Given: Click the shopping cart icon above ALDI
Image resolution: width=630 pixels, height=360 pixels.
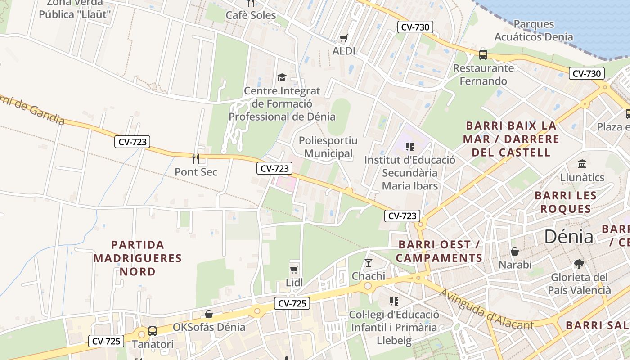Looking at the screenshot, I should pos(344,38).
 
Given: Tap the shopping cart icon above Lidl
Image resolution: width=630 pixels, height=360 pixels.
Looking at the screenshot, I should pos(294,270).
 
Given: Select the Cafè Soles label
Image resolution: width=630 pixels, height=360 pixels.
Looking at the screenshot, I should pos(251,15).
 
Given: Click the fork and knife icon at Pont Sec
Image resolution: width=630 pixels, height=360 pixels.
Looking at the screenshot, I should pos(196,158).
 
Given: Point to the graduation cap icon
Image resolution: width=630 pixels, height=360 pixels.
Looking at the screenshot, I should pos(282,77).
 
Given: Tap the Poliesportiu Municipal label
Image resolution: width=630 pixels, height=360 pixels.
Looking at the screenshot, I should pos(328,147).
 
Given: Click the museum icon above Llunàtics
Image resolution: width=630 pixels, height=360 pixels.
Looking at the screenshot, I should pos(582,164).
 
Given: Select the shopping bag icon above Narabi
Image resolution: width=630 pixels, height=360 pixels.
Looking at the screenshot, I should pos(515,252).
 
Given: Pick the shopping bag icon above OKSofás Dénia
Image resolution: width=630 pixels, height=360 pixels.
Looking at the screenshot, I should pos(209,314).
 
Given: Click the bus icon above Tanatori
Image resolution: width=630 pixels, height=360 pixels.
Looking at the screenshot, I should pos(153,331).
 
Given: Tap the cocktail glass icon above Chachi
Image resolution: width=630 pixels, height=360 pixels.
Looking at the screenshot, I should pos(369,262).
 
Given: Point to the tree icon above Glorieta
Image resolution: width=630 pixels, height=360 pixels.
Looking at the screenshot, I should pos(579,264).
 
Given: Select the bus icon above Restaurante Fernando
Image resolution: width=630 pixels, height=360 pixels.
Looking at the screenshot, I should pos(483,55).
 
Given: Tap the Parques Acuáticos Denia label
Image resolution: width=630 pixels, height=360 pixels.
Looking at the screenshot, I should pos(534,31).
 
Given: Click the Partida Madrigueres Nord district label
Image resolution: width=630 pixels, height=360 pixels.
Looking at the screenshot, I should pos(137,258).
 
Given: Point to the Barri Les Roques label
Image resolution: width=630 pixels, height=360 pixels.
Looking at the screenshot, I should pos(566,202).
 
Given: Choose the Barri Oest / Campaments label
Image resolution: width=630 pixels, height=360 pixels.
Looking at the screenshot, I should pos(439,252).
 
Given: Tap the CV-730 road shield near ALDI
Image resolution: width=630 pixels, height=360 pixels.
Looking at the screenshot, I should pos(415,27).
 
